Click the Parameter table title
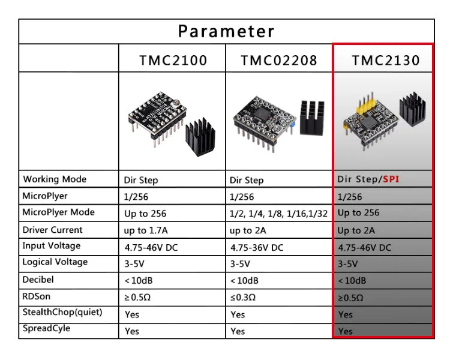[226, 31]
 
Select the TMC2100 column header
[173, 60]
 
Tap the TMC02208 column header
[279, 60]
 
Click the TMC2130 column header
[386, 60]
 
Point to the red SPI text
[391, 179]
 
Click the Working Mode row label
[55, 179]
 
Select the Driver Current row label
[53, 230]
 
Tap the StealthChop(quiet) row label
[62, 312]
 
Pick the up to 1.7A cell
[146, 230]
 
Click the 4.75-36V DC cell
[257, 247]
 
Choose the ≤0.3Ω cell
[243, 297]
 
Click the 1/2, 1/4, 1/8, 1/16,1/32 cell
[278, 214]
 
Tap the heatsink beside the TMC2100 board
[200, 137]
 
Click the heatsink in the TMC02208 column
[312, 118]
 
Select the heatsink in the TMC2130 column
[412, 109]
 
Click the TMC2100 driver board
[157, 118]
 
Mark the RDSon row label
[37, 296]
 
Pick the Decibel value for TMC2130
[352, 280]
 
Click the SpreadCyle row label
[46, 328]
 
